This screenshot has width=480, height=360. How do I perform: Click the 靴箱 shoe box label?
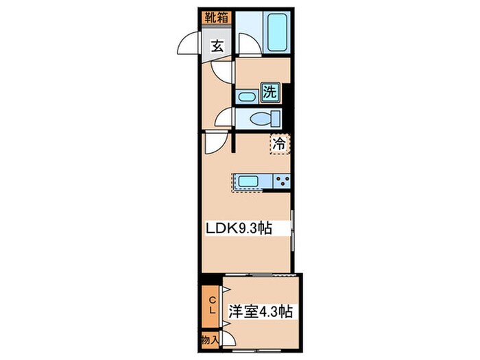[x=217, y=18]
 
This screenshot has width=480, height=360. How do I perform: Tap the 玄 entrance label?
[x=217, y=47]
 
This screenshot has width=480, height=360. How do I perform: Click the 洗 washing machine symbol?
[x=271, y=92]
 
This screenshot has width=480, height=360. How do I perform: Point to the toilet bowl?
[x=260, y=119]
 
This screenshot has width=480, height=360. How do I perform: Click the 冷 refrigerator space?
[x=280, y=144]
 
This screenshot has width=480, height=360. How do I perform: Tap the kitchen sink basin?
[x=248, y=181]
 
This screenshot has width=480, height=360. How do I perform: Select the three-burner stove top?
[x=282, y=181]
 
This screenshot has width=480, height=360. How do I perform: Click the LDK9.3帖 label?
[x=239, y=228]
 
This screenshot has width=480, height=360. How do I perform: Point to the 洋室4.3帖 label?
[x=260, y=312]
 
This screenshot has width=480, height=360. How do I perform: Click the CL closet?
[x=211, y=307]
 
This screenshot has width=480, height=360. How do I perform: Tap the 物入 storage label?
[x=210, y=339]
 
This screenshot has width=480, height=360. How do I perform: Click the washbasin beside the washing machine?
[x=247, y=97]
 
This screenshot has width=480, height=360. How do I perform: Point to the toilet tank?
[x=276, y=119]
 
